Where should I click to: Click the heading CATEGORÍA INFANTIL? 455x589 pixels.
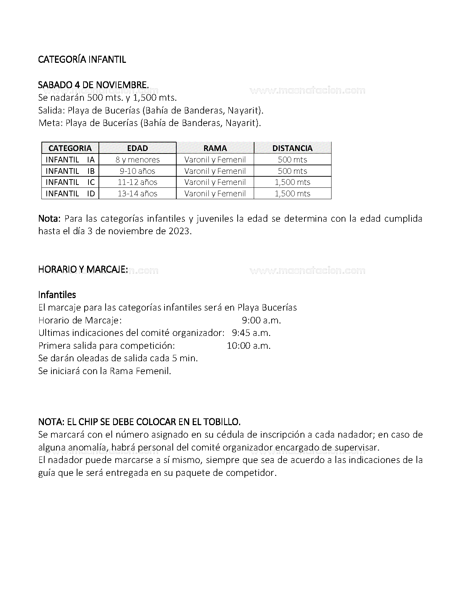(82, 59)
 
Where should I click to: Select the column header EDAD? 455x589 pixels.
(137, 148)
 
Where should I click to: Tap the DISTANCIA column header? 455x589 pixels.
(292, 148)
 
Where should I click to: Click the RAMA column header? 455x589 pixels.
(215, 148)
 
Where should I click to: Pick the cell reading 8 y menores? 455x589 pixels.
(137, 160)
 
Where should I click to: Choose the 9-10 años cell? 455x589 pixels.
(137, 171)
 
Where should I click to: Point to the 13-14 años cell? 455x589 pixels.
(137, 193)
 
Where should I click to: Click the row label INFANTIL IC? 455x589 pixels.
(70, 182)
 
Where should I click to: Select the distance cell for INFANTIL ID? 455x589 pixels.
(292, 193)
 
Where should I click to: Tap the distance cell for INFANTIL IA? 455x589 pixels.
(292, 160)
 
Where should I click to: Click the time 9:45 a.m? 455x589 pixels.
(251, 333)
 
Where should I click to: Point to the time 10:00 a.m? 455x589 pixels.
(249, 346)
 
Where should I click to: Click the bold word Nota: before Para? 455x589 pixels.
(50, 218)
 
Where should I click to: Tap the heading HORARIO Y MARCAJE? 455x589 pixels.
(83, 269)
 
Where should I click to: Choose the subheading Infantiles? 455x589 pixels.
(57, 295)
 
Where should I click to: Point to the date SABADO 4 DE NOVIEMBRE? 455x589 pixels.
(93, 85)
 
